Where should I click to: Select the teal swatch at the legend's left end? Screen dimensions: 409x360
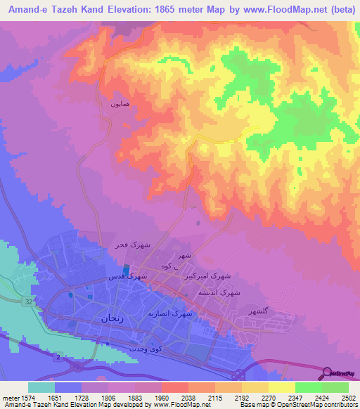[41, 387]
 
